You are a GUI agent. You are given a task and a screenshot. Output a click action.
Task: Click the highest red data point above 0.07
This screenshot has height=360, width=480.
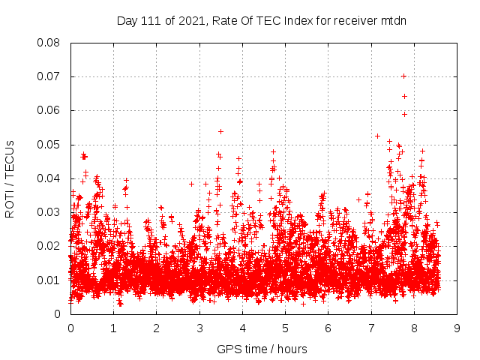[x=403, y=76]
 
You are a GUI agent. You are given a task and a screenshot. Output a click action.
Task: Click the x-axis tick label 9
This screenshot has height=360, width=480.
[x=457, y=328]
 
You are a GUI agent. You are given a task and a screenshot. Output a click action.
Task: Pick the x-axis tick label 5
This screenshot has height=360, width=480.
[x=285, y=328]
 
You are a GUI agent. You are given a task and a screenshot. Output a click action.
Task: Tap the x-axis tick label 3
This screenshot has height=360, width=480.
[x=199, y=328]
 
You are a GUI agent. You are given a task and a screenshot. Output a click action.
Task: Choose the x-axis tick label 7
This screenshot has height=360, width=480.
[x=371, y=328]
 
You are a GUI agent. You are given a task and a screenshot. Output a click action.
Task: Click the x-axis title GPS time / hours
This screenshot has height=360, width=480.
[x=263, y=349]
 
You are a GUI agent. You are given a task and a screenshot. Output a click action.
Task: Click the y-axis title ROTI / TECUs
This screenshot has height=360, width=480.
[x=10, y=178]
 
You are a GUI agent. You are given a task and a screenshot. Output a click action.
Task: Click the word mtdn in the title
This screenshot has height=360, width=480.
[x=393, y=20]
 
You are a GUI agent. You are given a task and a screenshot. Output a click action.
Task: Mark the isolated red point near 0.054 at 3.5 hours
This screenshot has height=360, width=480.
[x=220, y=131]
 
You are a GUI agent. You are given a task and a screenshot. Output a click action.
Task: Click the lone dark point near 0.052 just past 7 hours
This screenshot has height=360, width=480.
[x=377, y=136]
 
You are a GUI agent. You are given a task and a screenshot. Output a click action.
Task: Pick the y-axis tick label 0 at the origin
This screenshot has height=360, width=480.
[x=59, y=313]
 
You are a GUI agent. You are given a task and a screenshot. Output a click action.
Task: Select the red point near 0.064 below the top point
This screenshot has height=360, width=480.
[x=404, y=96]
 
